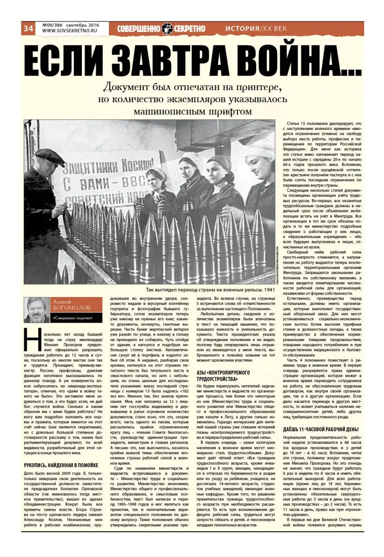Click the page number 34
(x=28, y=28)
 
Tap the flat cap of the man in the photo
(x=50, y=156)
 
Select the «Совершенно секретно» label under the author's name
(x=72, y=318)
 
